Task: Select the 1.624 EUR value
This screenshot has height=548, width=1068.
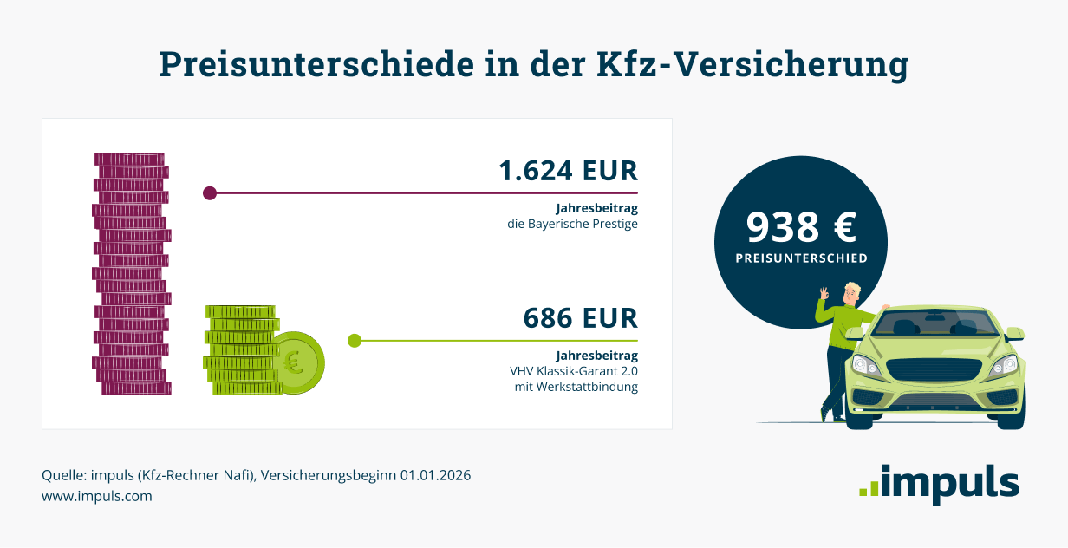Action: coord(568,171)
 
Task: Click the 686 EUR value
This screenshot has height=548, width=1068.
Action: coord(580,318)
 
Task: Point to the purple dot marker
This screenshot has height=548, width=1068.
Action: coord(209,193)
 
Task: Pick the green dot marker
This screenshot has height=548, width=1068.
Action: coord(354,341)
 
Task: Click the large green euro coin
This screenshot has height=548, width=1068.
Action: coord(296,362)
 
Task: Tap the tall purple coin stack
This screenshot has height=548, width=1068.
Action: coord(131,274)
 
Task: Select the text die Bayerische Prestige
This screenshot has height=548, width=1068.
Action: coord(572,224)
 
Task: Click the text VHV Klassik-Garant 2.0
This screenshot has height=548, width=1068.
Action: coord(574,371)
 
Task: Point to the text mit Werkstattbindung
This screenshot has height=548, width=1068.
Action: coord(576,387)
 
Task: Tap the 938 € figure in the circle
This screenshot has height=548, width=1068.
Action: coord(801,227)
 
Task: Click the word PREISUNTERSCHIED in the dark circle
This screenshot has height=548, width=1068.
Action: coord(801,258)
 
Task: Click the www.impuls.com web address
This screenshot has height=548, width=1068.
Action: coord(97,497)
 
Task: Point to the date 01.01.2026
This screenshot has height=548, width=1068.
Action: coord(435,476)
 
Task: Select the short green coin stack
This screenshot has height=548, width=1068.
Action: coord(240,350)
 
